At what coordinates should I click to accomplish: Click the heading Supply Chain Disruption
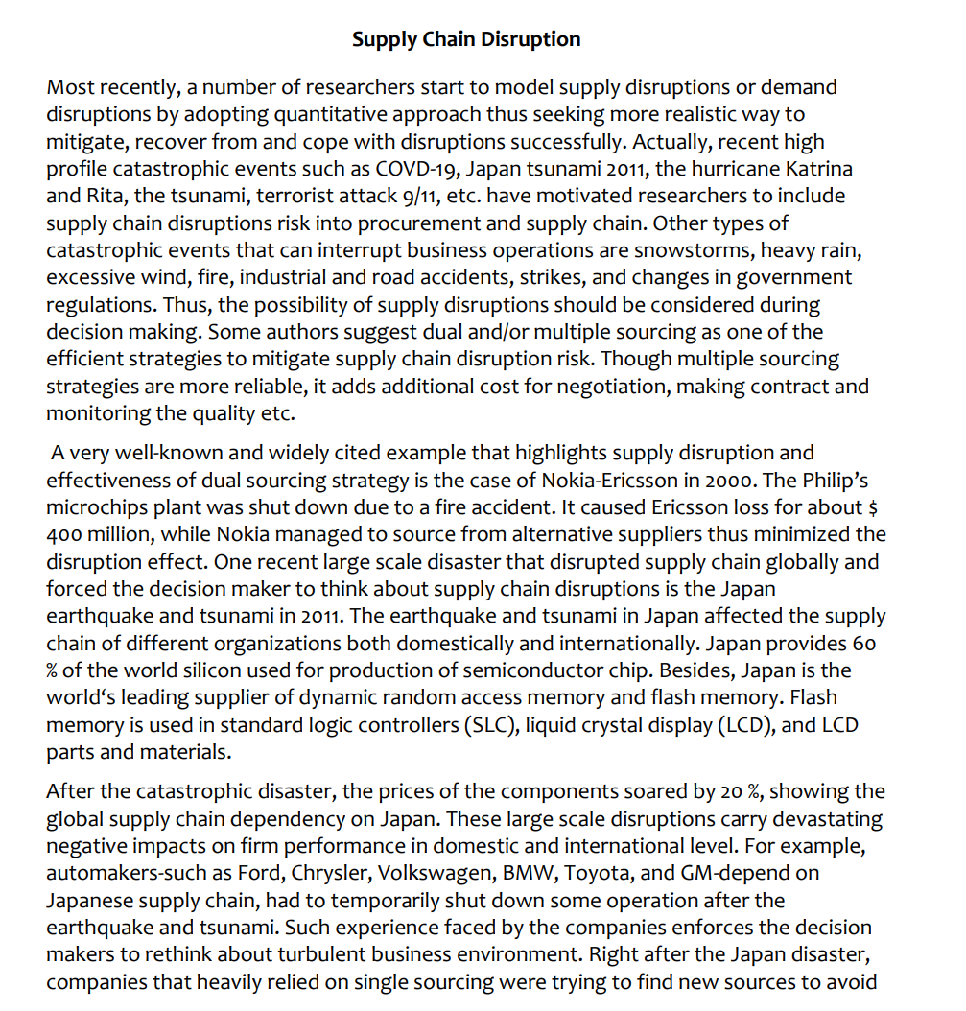tap(466, 39)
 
